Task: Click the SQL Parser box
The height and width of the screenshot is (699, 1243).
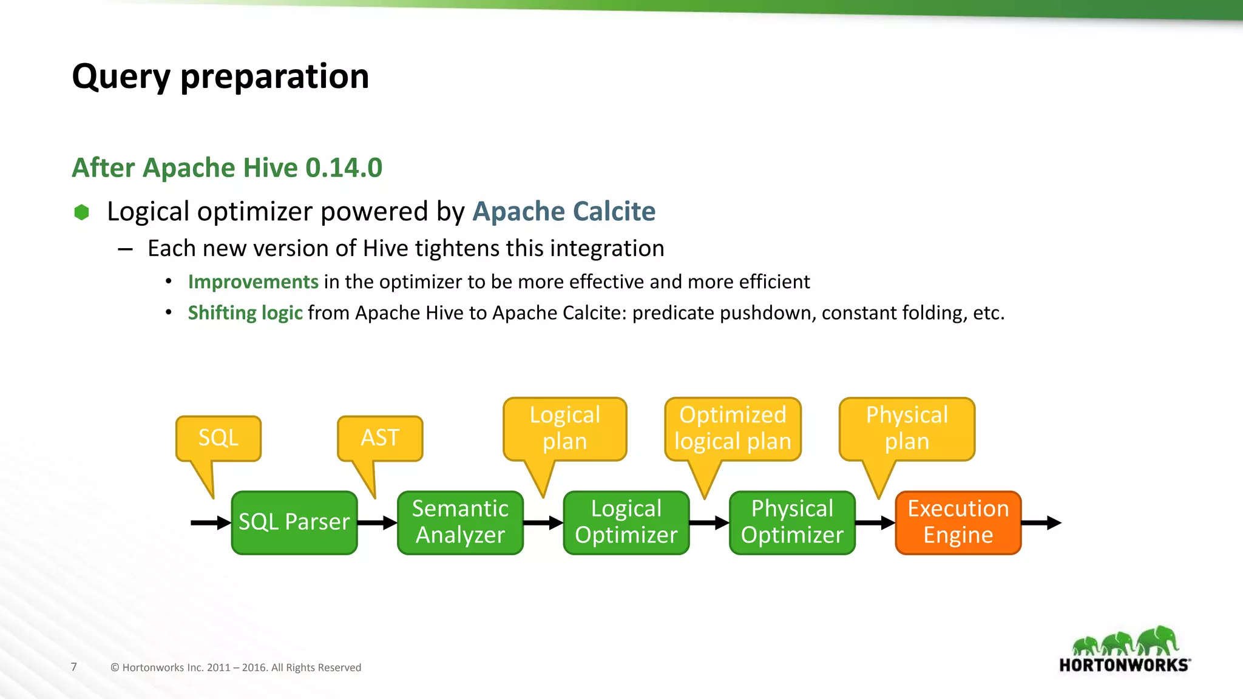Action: tap(294, 522)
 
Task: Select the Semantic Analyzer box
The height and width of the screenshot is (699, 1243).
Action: tap(460, 522)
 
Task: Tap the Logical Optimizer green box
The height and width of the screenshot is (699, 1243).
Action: tap(626, 522)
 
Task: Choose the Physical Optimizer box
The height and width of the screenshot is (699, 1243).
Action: tap(792, 522)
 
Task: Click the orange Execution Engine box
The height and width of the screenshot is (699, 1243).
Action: tap(958, 522)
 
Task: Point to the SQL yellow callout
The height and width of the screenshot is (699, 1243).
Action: tap(218, 438)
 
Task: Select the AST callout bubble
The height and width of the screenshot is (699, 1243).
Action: tap(380, 438)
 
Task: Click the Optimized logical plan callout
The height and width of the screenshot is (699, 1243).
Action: tap(733, 428)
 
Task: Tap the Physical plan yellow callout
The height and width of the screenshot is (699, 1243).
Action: tap(907, 428)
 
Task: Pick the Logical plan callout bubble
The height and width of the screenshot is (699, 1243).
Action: tap(564, 428)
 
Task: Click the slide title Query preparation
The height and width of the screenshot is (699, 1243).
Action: tap(220, 76)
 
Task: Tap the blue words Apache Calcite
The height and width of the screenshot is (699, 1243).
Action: tap(564, 211)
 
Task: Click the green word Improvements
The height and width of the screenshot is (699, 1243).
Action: tap(253, 282)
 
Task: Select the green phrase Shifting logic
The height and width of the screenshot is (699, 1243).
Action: tap(245, 312)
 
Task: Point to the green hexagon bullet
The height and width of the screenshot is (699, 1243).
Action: tap(81, 212)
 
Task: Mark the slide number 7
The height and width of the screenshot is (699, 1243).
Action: tap(74, 667)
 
